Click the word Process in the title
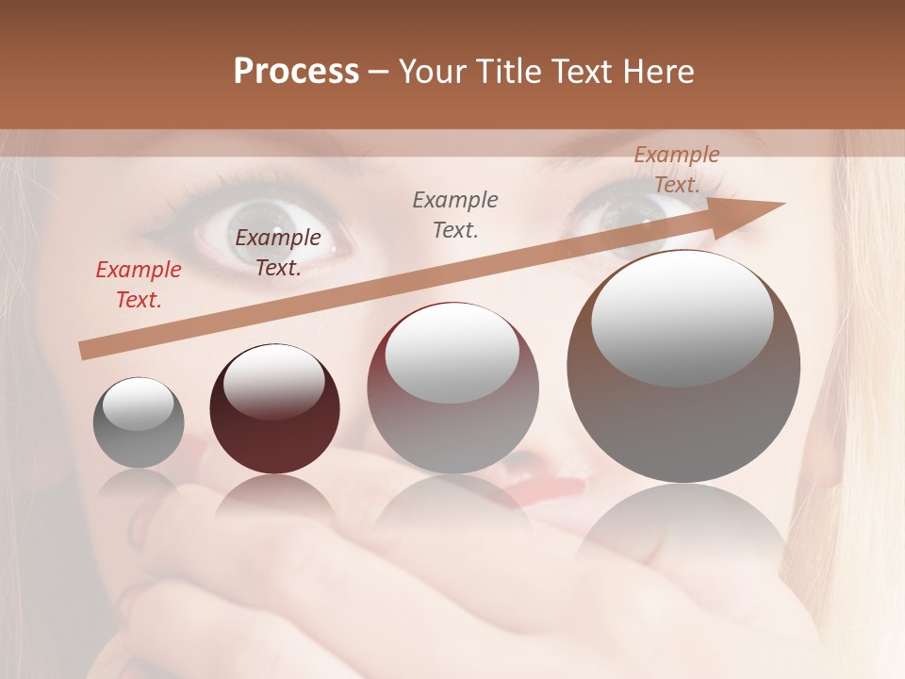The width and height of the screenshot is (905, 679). (x=296, y=72)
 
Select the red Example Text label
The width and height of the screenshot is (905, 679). (x=138, y=285)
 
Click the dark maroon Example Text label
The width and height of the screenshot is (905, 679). (x=277, y=253)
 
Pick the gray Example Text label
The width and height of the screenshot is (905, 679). (x=455, y=214)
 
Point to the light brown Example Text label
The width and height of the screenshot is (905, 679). (x=676, y=170)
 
